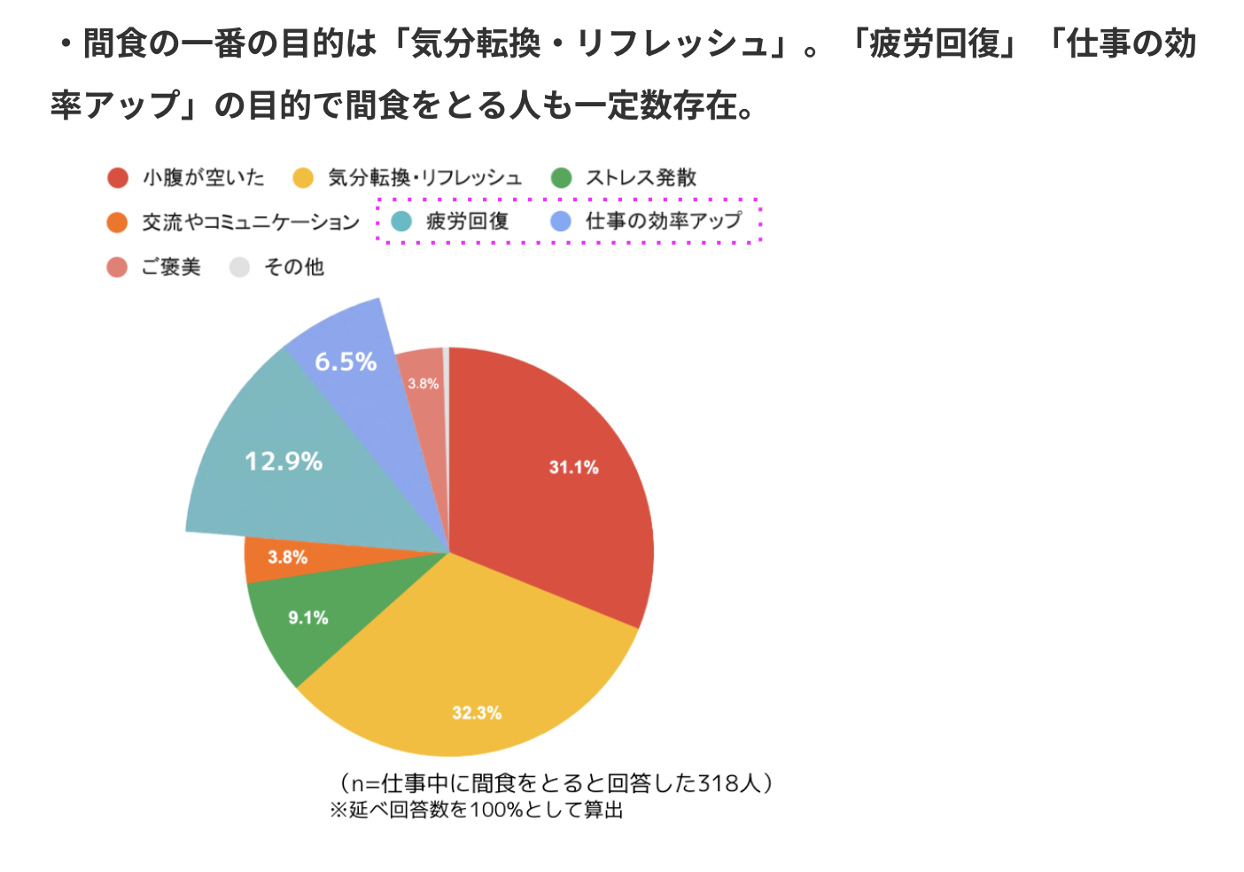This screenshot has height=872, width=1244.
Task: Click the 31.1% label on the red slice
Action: click(x=574, y=467)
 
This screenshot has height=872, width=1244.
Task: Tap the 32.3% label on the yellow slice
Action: click(x=477, y=712)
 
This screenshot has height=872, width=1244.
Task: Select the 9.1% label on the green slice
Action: click(x=308, y=618)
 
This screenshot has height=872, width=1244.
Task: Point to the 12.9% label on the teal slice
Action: click(x=284, y=461)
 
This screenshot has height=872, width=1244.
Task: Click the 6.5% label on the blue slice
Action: click(x=346, y=362)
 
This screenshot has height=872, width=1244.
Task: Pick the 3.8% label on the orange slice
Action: click(x=288, y=557)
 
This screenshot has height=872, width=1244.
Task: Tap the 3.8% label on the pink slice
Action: click(x=423, y=384)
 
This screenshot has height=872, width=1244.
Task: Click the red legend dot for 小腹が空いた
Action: click(x=118, y=178)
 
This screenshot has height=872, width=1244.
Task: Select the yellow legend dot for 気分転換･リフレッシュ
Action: click(x=304, y=178)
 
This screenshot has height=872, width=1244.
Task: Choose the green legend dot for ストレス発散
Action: click(x=562, y=178)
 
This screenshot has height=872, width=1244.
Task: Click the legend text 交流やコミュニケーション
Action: click(x=251, y=222)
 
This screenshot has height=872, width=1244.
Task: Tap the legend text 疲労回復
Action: click(x=467, y=222)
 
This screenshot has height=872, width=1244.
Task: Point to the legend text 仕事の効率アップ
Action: click(x=664, y=222)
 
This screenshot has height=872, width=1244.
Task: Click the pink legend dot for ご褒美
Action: click(x=117, y=267)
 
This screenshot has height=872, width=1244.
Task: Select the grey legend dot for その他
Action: click(x=239, y=267)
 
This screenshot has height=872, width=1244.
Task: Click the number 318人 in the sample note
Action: click(x=729, y=783)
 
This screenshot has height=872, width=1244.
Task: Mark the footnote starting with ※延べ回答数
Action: click(x=477, y=810)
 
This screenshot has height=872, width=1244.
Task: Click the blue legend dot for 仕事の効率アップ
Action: click(x=561, y=222)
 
